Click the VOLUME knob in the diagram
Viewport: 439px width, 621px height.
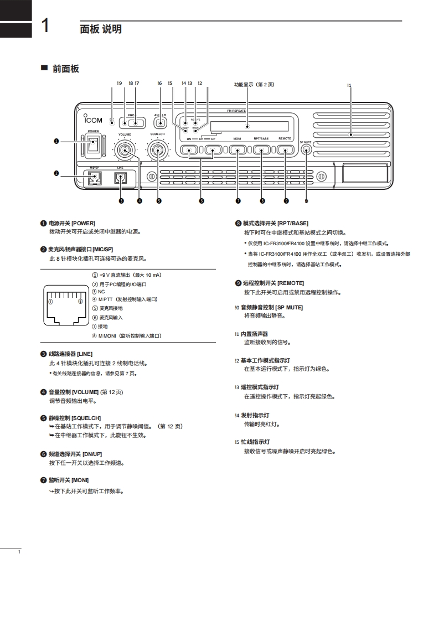tap(124, 150)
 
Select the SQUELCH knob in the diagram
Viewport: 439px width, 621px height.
tap(158, 150)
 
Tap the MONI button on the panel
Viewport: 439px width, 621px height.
tap(237, 149)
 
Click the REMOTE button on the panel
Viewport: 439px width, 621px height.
tap(285, 149)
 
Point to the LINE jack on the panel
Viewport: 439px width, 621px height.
tap(121, 178)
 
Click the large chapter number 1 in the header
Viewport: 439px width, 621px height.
tap(48, 26)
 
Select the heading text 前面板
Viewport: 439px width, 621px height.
tap(66, 69)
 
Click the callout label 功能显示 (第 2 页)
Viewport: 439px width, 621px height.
tap(254, 85)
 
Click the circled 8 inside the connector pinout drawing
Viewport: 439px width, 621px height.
tap(80, 302)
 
